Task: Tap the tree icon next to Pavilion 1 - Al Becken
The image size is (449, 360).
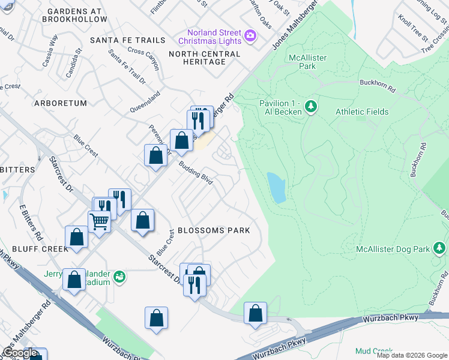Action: tap(310, 107)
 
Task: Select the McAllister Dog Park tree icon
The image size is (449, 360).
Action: tap(439, 248)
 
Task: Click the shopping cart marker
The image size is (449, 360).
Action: tap(99, 221)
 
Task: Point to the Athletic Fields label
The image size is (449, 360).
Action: tap(362, 112)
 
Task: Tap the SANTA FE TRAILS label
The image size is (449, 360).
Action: tap(127, 40)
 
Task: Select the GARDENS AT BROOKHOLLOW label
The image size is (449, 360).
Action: tap(74, 16)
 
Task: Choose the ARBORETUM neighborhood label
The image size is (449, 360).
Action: tap(61, 103)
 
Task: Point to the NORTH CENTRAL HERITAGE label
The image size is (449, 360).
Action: tap(204, 58)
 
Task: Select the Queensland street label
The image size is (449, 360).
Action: tap(145, 103)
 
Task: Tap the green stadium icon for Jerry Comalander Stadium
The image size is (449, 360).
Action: tap(120, 276)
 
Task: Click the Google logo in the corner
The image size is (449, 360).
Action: tap(19, 353)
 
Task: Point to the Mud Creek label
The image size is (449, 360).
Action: tap(373, 351)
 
